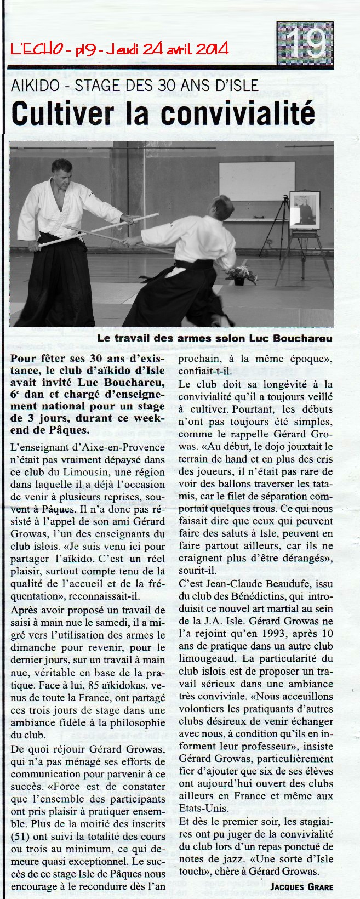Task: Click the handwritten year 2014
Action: point(212,50)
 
